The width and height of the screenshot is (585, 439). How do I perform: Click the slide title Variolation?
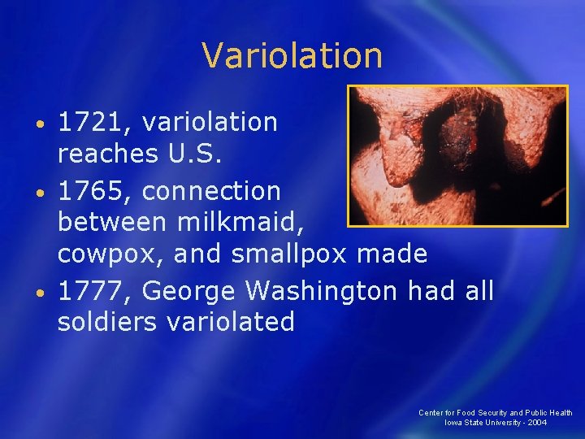point(292,56)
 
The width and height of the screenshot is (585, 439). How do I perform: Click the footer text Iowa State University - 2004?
point(495,423)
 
